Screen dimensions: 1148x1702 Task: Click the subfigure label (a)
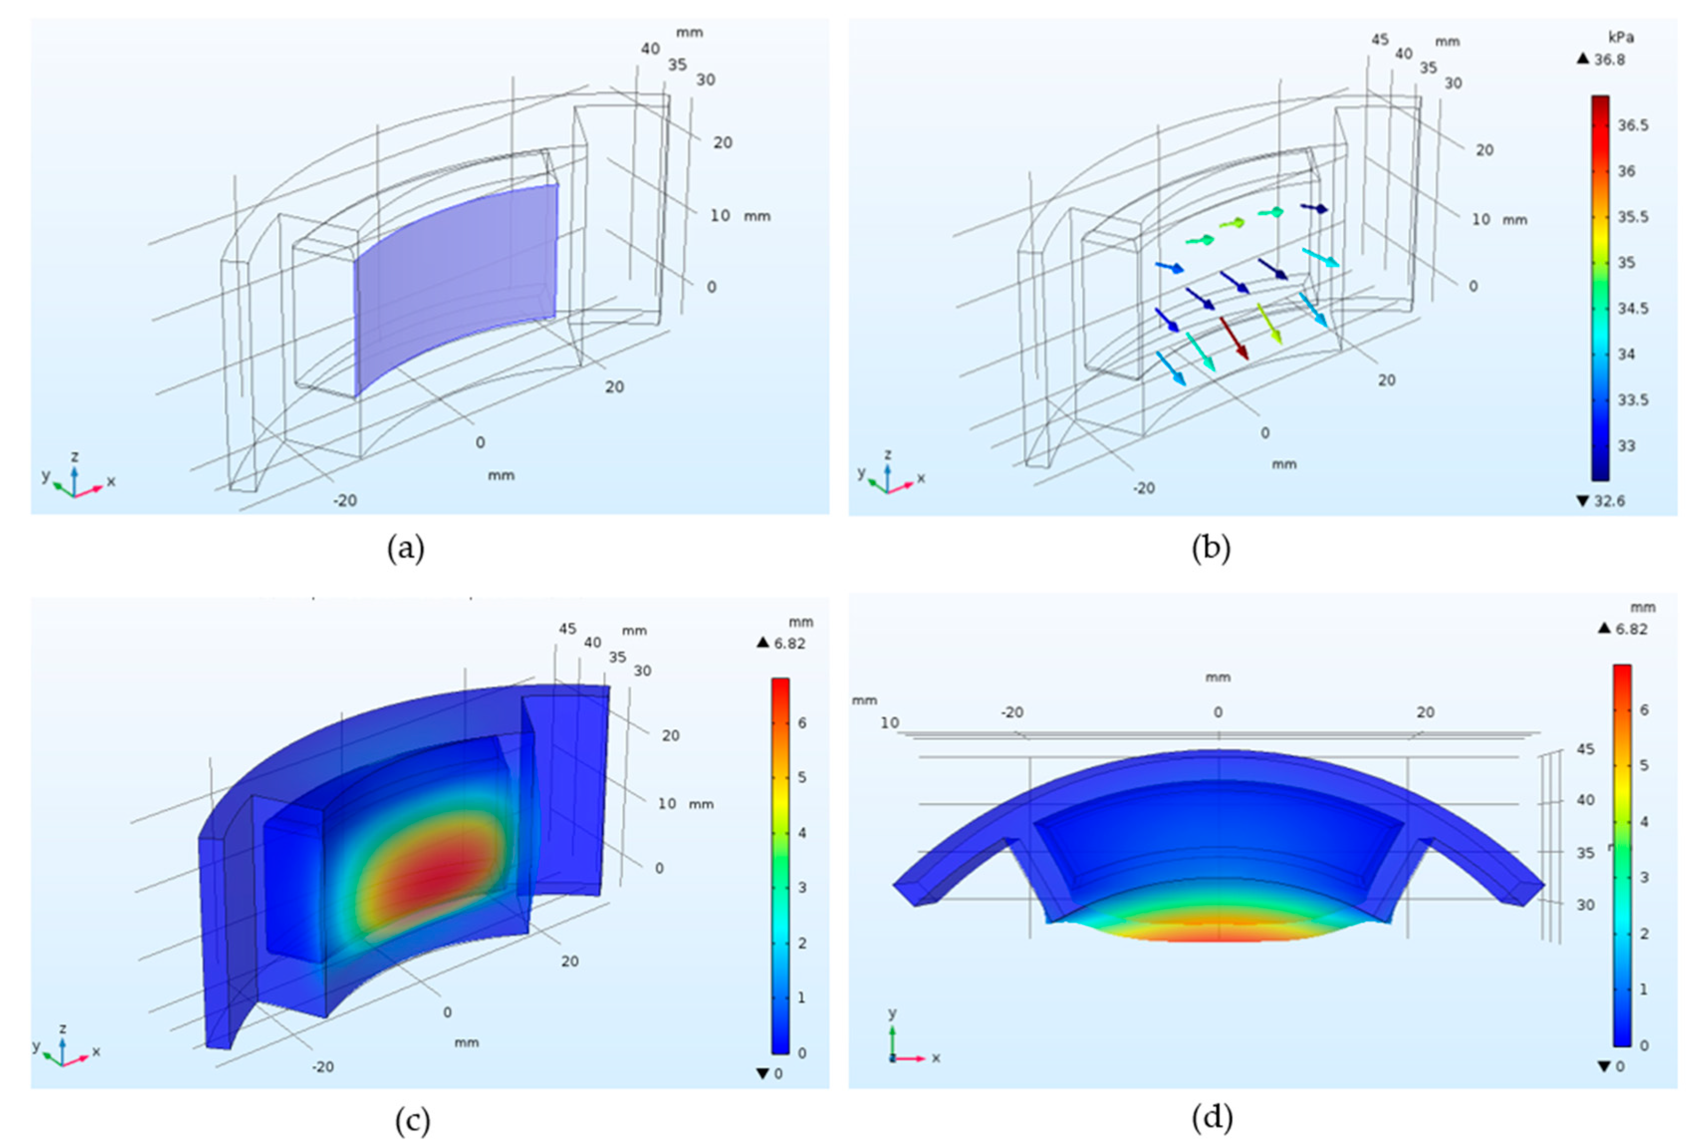406,548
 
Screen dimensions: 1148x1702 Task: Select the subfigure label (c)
412,1120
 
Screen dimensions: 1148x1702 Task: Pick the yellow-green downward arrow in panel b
1270,324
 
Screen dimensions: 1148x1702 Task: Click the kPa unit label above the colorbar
1621,37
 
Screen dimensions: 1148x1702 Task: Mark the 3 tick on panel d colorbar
1643,877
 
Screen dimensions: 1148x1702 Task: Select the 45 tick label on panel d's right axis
1585,749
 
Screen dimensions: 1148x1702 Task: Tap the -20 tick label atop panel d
1013,711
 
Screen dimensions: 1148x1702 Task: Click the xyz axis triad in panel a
74,479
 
